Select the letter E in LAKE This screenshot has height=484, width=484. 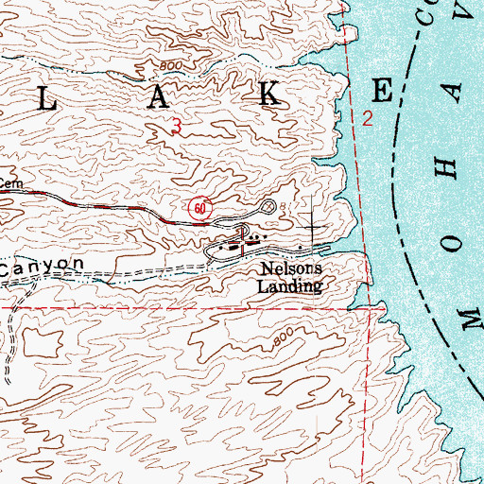382,91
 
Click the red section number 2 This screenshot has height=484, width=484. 368,118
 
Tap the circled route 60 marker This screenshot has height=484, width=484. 198,207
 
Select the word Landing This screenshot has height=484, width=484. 291,285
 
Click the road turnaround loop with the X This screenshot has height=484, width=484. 268,205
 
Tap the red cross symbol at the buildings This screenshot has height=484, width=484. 245,245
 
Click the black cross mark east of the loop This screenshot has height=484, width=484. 315,228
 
